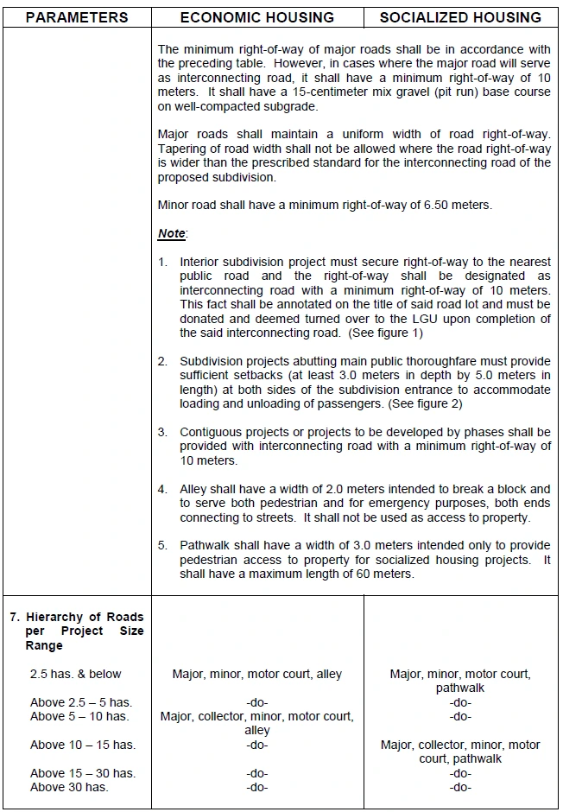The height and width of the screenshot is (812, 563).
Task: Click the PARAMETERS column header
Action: (76, 17)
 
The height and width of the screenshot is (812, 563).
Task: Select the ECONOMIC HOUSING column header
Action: (256, 17)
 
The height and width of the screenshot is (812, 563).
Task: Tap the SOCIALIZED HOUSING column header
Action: (460, 17)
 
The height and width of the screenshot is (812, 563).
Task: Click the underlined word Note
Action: (171, 233)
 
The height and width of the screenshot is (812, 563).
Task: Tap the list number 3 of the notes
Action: (162, 432)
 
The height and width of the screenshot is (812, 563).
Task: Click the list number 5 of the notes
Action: (162, 546)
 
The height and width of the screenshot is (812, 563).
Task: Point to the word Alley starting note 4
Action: (195, 489)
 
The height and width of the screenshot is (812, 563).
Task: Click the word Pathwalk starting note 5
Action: (206, 546)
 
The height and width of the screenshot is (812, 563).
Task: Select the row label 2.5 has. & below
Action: (76, 674)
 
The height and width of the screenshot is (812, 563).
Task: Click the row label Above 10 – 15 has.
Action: (83, 745)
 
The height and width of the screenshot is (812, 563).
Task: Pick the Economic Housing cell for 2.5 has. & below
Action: (257, 674)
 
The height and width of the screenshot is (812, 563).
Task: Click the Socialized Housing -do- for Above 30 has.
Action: (460, 787)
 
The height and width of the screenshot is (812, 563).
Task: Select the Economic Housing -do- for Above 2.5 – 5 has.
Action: (257, 702)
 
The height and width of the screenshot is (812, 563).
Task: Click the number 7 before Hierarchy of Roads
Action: (14, 617)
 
